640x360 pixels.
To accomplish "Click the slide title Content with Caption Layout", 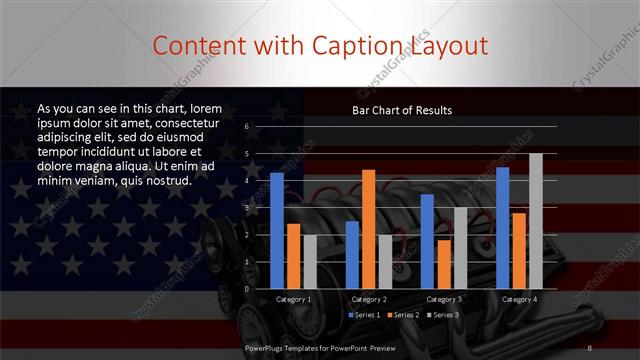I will click(320, 46).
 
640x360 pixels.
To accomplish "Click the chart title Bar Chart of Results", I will click(401, 110).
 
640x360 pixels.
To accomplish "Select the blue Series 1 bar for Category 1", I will click(277, 231).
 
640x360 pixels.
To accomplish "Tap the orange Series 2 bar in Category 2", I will click(368, 229).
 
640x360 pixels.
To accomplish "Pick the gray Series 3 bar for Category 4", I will click(536, 221).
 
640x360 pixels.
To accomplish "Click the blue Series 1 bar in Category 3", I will click(427, 241).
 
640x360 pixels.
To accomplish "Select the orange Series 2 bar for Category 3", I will click(443, 264).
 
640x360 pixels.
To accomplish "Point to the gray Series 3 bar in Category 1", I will click(309, 262).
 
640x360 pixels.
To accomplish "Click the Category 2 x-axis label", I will click(368, 299).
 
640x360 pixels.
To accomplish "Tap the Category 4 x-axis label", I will click(519, 299).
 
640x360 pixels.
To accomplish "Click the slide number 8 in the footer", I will click(590, 347).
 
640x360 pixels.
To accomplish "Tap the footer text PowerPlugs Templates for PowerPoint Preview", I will click(328, 347).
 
